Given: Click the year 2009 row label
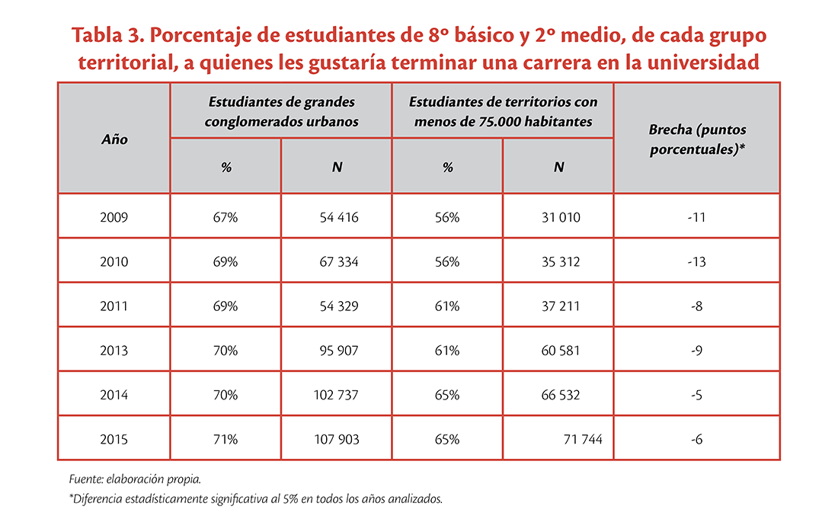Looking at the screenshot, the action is [x=114, y=217].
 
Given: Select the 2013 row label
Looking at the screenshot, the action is [x=114, y=350].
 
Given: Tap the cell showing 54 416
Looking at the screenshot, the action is [x=339, y=217].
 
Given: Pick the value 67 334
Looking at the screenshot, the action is [x=339, y=261].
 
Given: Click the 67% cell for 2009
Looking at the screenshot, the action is [x=225, y=217].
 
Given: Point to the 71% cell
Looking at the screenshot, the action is [x=225, y=439].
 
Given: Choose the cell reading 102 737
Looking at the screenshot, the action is [x=336, y=395].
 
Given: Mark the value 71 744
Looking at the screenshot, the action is [x=583, y=439].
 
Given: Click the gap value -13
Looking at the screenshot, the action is [x=696, y=261].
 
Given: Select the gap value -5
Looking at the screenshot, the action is [x=696, y=395].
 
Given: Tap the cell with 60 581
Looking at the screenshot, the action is [x=561, y=350].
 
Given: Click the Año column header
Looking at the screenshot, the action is [x=114, y=139].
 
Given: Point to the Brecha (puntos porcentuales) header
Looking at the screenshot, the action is [x=697, y=139].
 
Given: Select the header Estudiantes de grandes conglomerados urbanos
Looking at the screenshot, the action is [x=281, y=111].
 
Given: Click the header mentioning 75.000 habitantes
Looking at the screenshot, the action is [x=503, y=111].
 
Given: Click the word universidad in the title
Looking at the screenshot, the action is [x=703, y=62].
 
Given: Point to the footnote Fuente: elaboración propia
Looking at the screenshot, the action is [x=135, y=479].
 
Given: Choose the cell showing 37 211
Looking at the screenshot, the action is [x=561, y=306].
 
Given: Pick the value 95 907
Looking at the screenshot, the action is [x=339, y=350].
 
